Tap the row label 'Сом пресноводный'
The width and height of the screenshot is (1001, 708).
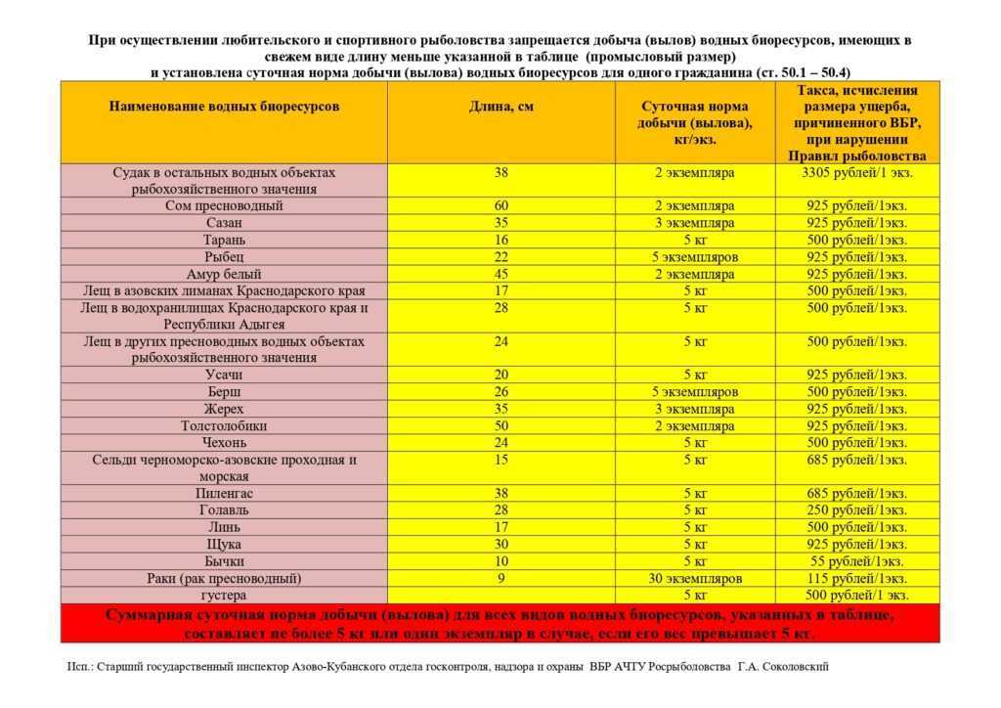click(224, 206)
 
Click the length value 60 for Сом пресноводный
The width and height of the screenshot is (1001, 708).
click(500, 206)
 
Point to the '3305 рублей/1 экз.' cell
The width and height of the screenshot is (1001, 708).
click(856, 172)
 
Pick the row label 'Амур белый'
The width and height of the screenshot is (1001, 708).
click(224, 274)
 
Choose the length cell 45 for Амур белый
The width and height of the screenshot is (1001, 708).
click(500, 274)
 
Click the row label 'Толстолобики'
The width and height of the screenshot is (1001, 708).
click(224, 426)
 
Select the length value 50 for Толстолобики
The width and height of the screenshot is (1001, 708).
click(500, 426)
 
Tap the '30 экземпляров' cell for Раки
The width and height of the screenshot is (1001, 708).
click(695, 578)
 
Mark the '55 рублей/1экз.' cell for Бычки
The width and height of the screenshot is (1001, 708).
click(856, 561)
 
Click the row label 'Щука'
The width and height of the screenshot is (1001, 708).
click(224, 544)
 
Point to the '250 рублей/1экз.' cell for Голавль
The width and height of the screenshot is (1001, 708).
click(856, 510)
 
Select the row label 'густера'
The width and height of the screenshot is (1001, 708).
click(224, 595)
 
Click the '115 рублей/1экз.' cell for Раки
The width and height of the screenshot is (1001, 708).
click(856, 578)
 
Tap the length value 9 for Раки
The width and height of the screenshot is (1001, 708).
click(500, 578)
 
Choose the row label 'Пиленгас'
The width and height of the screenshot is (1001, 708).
click(224, 494)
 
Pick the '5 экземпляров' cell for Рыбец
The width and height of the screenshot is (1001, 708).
click(695, 257)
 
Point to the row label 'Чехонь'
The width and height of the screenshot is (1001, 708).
click(224, 443)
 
